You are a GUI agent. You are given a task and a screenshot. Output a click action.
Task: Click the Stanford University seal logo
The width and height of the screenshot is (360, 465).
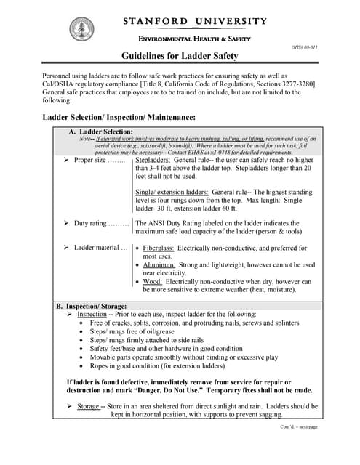coord(81,29)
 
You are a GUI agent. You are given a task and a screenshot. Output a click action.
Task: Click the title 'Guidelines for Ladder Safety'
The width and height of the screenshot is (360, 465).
coord(179,56)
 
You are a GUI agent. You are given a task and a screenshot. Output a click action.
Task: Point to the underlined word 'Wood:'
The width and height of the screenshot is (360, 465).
coord(152,281)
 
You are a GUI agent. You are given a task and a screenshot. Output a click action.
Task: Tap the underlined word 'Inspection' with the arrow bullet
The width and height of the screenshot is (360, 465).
coord(92,314)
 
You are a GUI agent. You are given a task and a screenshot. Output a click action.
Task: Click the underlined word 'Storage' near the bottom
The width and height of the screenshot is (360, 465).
coord(88,406)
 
